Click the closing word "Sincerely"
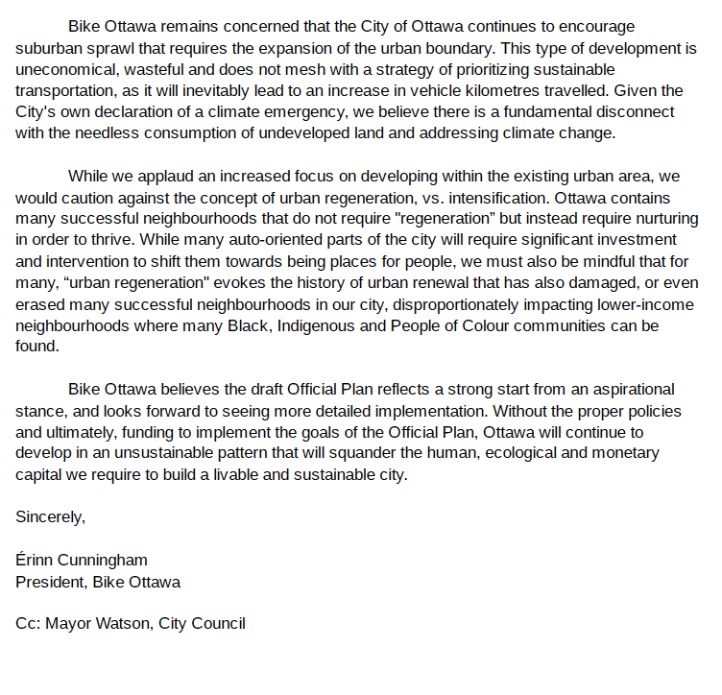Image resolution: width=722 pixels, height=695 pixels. coord(51,517)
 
